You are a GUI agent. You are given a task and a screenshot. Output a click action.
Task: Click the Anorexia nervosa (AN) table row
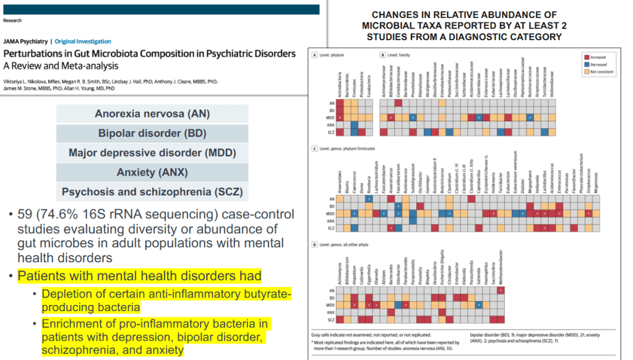tap(152, 114)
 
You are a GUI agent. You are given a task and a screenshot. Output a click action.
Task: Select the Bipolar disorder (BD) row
tap(152, 133)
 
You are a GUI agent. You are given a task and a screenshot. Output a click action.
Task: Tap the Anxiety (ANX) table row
tap(152, 172)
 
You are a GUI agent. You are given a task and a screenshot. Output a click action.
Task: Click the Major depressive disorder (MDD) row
tap(152, 153)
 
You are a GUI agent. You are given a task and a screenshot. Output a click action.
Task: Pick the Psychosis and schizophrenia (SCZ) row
tap(152, 192)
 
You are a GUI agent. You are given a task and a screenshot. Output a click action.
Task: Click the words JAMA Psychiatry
tap(26, 41)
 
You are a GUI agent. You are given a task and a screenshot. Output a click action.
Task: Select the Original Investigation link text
tap(83, 41)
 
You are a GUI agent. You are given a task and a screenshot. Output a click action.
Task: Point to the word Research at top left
tap(12, 20)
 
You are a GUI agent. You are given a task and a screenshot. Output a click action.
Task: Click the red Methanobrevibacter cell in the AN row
tap(500, 290)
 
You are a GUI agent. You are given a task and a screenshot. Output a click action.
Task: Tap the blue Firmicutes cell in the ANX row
tap(353, 124)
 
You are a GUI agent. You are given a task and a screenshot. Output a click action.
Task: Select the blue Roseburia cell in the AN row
tap(369, 199)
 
